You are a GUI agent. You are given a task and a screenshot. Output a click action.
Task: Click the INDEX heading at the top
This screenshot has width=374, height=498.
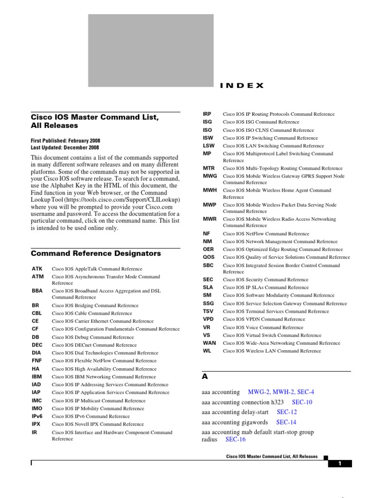(x=242, y=86)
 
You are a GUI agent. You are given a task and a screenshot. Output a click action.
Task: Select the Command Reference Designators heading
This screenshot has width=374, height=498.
(x=95, y=253)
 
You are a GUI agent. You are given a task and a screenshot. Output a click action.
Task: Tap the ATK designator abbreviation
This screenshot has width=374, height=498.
(x=37, y=268)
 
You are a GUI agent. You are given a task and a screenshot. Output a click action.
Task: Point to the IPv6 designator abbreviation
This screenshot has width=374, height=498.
(x=37, y=416)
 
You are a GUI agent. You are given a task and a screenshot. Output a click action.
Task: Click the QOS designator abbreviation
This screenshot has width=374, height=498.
(x=208, y=257)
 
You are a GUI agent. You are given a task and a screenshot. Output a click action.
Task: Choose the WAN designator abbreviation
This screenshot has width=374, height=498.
(x=209, y=343)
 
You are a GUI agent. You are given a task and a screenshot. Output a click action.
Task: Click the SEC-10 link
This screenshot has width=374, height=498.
(x=302, y=402)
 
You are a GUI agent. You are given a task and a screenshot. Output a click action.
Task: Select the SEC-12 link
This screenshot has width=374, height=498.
(x=287, y=412)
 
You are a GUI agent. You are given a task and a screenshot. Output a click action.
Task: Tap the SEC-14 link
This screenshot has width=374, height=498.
(x=286, y=422)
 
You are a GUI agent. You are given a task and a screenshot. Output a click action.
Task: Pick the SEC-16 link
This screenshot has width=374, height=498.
(x=236, y=439)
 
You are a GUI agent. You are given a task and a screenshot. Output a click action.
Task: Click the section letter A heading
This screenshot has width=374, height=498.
(x=205, y=376)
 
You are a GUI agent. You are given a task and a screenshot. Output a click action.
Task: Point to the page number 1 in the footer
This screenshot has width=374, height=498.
(x=340, y=463)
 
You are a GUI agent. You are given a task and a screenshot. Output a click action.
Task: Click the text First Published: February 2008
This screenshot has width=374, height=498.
(x=65, y=141)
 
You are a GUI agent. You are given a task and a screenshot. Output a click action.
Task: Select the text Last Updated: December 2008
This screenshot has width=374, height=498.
(x=65, y=147)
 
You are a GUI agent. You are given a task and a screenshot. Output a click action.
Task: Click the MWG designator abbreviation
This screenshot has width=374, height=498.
(x=210, y=176)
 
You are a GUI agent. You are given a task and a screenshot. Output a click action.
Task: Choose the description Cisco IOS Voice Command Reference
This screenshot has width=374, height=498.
(x=263, y=327)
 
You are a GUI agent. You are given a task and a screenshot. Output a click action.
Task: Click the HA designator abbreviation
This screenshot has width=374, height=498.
(x=35, y=369)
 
